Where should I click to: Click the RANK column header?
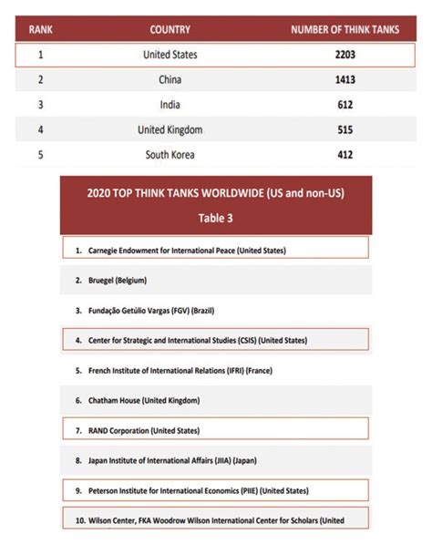click(x=41, y=30)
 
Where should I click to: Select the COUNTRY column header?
click(x=170, y=30)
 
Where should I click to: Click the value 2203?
click(x=345, y=55)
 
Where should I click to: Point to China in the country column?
click(x=170, y=80)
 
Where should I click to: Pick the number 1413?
click(x=345, y=80)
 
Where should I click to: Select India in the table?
click(x=170, y=105)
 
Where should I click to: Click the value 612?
click(x=345, y=105)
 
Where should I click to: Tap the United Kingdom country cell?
click(x=170, y=129)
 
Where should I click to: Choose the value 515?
click(x=345, y=129)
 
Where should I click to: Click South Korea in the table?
click(x=170, y=155)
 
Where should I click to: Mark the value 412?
click(x=345, y=155)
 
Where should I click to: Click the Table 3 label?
click(x=216, y=219)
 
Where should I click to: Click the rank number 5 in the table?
click(x=41, y=155)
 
